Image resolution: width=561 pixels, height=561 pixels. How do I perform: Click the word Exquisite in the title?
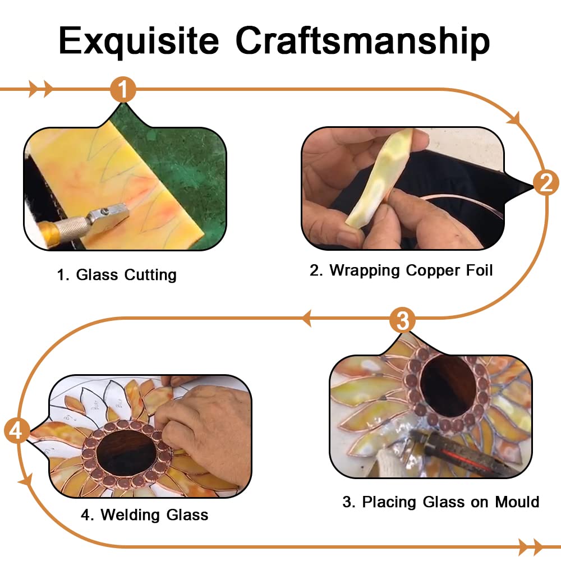pyautogui.click(x=139, y=42)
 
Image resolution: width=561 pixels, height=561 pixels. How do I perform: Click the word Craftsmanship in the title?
pyautogui.click(x=362, y=41)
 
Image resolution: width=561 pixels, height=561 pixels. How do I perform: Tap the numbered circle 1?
pyautogui.click(x=123, y=89)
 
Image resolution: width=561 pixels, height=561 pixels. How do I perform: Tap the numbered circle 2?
pyautogui.click(x=546, y=183)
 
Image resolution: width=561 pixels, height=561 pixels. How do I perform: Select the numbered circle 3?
pyautogui.click(x=402, y=320)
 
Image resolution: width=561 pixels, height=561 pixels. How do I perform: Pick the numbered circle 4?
pyautogui.click(x=17, y=430)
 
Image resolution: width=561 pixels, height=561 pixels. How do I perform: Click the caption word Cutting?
pyautogui.click(x=150, y=275)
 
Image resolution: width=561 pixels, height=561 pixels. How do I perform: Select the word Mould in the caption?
pyautogui.click(x=517, y=502)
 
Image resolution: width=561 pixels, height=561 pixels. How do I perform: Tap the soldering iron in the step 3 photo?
pyautogui.click(x=462, y=453)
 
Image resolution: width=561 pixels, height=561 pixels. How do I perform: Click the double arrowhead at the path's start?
pyautogui.click(x=40, y=89)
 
